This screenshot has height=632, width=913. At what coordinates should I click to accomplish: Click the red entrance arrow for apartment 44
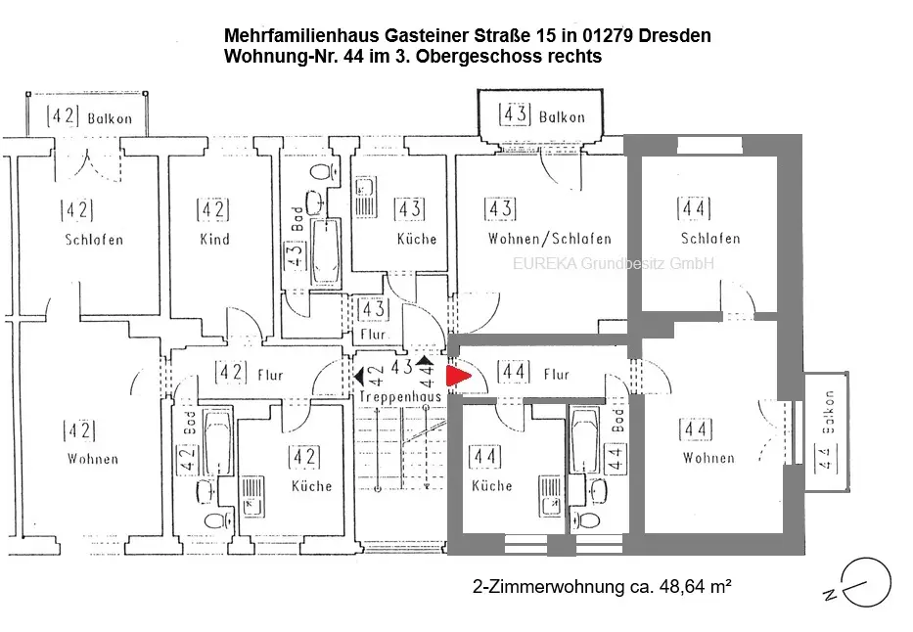click(457, 376)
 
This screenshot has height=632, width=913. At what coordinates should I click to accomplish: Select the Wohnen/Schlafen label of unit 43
click(549, 239)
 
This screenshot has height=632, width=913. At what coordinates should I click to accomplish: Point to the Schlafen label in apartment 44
click(710, 239)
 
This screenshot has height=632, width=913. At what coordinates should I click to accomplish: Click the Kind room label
click(214, 240)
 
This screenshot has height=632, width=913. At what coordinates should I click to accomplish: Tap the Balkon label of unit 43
click(562, 116)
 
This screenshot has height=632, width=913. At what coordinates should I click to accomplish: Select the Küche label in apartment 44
click(491, 485)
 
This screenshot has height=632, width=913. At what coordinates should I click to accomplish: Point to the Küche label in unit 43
click(417, 239)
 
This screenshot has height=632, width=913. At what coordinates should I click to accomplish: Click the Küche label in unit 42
click(311, 485)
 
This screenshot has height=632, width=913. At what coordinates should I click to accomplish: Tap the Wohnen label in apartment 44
click(708, 457)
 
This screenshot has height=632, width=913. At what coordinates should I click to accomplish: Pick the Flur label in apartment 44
click(555, 374)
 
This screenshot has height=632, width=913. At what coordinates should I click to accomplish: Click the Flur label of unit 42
click(269, 373)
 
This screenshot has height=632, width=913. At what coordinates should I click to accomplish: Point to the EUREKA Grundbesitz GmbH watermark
click(614, 263)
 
